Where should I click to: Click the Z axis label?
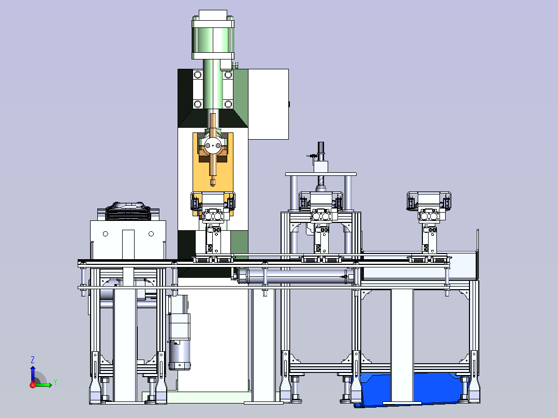33,360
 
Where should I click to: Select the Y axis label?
55,382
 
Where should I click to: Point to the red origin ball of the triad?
33,384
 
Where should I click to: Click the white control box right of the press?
268,104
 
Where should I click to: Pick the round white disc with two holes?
213,145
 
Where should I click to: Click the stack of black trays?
128,212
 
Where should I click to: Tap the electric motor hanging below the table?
179,333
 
